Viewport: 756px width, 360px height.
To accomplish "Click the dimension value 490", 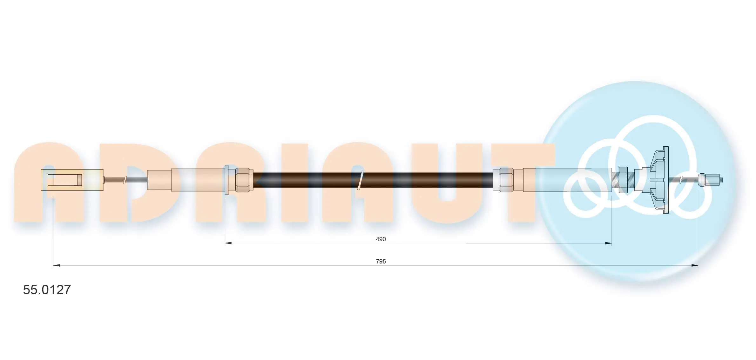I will [x=381, y=239].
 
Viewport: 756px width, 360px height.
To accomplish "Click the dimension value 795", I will [x=381, y=261].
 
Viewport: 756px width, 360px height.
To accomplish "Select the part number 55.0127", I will [x=47, y=290].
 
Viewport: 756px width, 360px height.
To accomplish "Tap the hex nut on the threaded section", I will [x=623, y=180].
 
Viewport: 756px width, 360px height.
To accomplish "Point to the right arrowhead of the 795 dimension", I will [x=694, y=265].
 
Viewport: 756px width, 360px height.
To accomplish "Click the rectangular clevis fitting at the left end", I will [x=72, y=180].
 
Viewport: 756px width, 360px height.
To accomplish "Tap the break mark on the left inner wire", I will [x=125, y=180].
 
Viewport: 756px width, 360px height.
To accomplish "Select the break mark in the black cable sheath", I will [x=360, y=180].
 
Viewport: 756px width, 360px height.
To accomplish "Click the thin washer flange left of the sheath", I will [x=226, y=180].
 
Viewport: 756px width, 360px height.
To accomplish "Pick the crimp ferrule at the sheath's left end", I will [x=244, y=180].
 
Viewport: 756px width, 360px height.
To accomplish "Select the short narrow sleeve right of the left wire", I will [x=159, y=180].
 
